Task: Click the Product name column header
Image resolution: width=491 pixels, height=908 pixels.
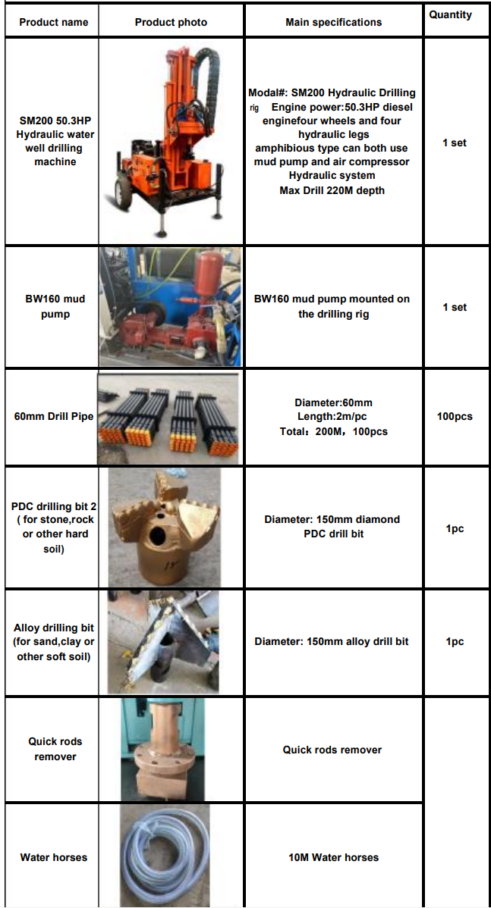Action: (x=54, y=23)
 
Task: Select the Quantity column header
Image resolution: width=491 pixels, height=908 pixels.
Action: (x=451, y=15)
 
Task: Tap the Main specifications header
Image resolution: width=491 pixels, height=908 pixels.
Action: (x=334, y=23)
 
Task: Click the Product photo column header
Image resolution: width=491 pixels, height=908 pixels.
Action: (x=171, y=23)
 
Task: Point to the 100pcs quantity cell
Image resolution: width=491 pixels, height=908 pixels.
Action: (x=455, y=416)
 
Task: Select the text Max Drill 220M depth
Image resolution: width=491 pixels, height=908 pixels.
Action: (x=332, y=189)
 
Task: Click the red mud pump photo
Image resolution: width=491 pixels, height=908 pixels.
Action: (x=171, y=307)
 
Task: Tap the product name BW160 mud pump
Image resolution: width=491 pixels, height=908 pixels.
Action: (x=55, y=306)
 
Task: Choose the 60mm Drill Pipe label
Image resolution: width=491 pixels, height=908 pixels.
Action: (x=54, y=416)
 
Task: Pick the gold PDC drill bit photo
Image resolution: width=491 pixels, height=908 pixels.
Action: (x=165, y=528)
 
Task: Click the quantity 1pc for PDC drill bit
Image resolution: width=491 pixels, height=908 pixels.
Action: (x=455, y=529)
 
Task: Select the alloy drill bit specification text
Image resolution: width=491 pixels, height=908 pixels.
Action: (x=332, y=641)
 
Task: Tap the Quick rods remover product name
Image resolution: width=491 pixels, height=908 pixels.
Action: (x=55, y=748)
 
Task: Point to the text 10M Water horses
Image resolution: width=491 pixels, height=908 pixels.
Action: (x=333, y=857)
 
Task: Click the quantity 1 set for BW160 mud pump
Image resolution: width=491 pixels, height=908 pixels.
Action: (x=455, y=307)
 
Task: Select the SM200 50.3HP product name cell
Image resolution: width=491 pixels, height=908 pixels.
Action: (x=55, y=141)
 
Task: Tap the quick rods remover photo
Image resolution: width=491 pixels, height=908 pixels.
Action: (x=163, y=750)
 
